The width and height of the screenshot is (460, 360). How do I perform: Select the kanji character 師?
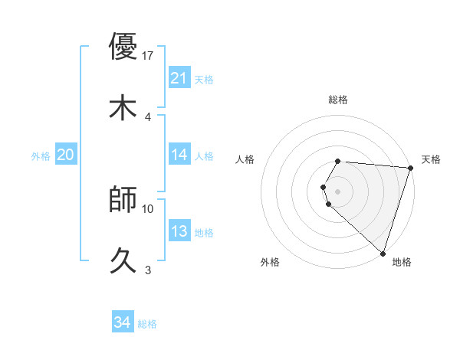point(123,199)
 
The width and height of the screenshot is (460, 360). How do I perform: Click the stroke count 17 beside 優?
point(149,56)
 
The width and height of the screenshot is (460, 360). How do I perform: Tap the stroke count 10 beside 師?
point(149,208)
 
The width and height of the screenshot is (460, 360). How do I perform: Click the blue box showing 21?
point(179,78)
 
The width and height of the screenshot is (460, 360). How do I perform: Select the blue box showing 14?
point(179,155)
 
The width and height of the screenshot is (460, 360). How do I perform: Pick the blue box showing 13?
point(179,231)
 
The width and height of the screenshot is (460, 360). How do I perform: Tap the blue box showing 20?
point(65,155)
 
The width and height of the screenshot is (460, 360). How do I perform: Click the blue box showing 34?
point(122,323)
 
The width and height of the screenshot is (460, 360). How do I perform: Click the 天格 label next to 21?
point(204,79)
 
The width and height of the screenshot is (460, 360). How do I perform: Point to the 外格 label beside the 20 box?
point(41,155)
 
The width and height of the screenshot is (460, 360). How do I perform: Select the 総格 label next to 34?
point(147,324)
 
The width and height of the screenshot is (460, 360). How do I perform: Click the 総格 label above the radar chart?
point(338,100)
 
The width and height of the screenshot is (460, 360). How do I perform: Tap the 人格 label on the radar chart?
point(245,159)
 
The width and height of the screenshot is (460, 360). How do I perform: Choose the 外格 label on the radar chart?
point(270,262)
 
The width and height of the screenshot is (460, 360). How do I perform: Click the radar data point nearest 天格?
point(410,168)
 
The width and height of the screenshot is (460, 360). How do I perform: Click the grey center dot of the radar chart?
point(338,191)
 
